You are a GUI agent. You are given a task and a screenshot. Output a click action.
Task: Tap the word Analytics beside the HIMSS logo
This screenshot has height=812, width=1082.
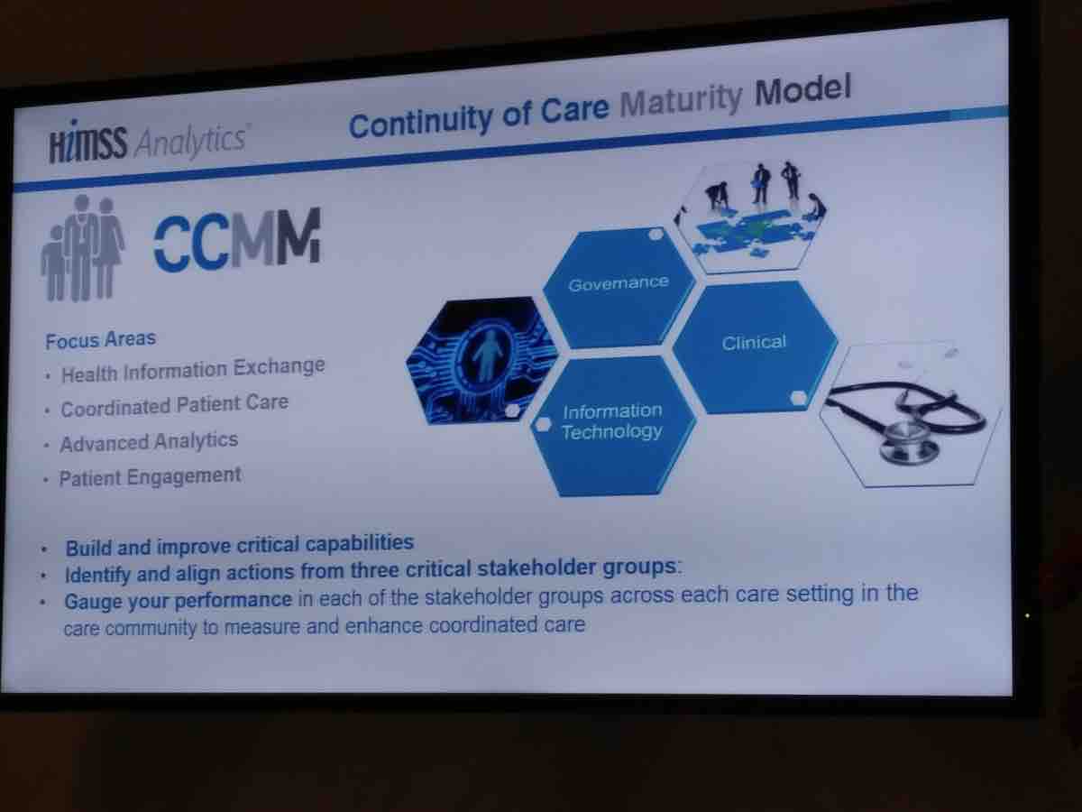(191, 140)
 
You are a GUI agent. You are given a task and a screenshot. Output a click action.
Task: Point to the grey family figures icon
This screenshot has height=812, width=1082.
(82, 248)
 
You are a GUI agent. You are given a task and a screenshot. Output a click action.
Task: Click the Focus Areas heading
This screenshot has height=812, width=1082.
(101, 340)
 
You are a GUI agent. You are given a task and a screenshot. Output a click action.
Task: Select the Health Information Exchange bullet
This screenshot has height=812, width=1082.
(193, 370)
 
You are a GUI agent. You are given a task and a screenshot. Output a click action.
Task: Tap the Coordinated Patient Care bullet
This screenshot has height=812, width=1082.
(175, 406)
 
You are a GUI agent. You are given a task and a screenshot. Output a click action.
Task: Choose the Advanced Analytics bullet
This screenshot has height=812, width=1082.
(149, 442)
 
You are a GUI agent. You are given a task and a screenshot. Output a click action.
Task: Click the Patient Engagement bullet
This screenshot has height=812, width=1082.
(150, 477)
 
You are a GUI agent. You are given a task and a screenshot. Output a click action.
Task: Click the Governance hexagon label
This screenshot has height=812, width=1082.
(619, 283)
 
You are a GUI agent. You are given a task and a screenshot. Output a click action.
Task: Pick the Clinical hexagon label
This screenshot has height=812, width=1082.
(754, 343)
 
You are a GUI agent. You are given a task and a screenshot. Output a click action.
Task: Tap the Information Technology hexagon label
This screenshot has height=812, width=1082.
(611, 421)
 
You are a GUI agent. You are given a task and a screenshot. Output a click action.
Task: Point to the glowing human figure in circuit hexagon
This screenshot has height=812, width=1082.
(487, 355)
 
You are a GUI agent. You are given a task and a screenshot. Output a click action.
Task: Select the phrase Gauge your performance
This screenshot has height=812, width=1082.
(178, 601)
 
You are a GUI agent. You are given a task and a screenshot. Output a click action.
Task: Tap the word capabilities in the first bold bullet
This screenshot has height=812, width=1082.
(360, 543)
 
